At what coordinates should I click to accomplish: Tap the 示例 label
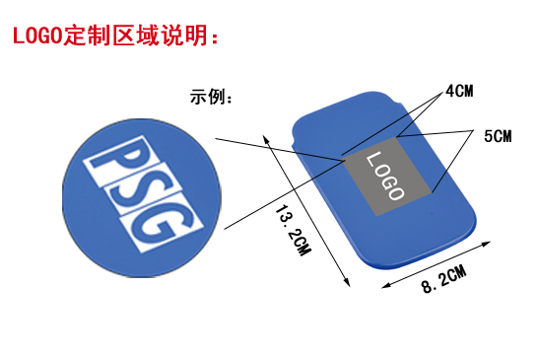pos(209,99)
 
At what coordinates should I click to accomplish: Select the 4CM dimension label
pos(460,92)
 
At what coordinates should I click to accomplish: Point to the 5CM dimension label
pos(498,136)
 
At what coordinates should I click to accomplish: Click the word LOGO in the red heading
pos(34,36)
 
